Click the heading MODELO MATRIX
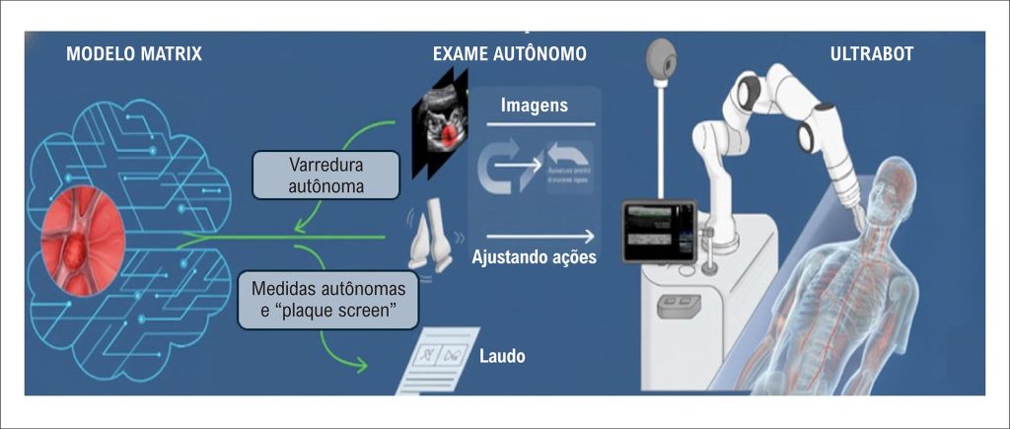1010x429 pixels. pyautogui.click(x=134, y=53)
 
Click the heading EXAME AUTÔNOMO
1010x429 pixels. pyautogui.click(x=509, y=53)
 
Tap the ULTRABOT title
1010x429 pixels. pyautogui.click(x=872, y=53)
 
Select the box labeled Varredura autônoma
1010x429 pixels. pyautogui.click(x=325, y=175)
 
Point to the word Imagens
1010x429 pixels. pyautogui.click(x=534, y=105)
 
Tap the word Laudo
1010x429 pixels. pyautogui.click(x=502, y=356)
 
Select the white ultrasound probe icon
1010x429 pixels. pyautogui.click(x=431, y=235)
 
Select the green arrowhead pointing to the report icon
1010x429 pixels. pyautogui.click(x=361, y=365)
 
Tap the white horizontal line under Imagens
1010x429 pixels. pyautogui.click(x=533, y=124)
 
